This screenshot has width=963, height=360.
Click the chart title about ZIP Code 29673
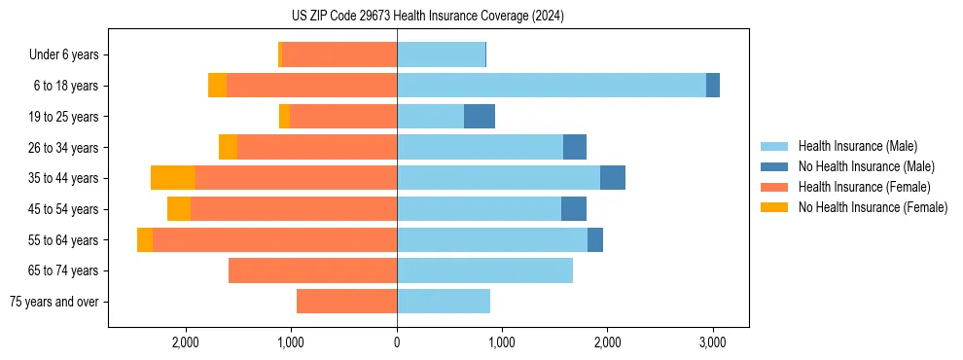click(x=427, y=16)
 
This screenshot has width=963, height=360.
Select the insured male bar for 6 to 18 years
click(x=552, y=86)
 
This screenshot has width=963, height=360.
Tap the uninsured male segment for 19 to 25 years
click(x=480, y=117)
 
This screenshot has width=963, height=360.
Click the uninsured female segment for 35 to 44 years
click(x=173, y=178)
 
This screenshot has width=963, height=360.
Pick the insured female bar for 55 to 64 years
click(x=274, y=240)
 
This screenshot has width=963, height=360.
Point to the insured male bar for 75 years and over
click(x=444, y=302)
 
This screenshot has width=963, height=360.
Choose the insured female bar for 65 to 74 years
click(x=312, y=270)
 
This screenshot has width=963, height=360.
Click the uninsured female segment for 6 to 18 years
click(x=217, y=86)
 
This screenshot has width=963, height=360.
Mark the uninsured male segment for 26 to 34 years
click(x=575, y=147)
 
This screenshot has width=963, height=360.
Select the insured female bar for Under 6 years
click(x=339, y=54)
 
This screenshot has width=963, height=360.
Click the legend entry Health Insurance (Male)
click(x=857, y=146)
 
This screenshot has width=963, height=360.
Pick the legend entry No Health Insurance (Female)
click(x=873, y=207)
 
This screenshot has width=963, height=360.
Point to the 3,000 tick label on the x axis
click(x=711, y=343)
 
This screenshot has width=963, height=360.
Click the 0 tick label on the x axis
click(x=397, y=343)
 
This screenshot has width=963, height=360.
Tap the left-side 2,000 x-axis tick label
click(x=185, y=343)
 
